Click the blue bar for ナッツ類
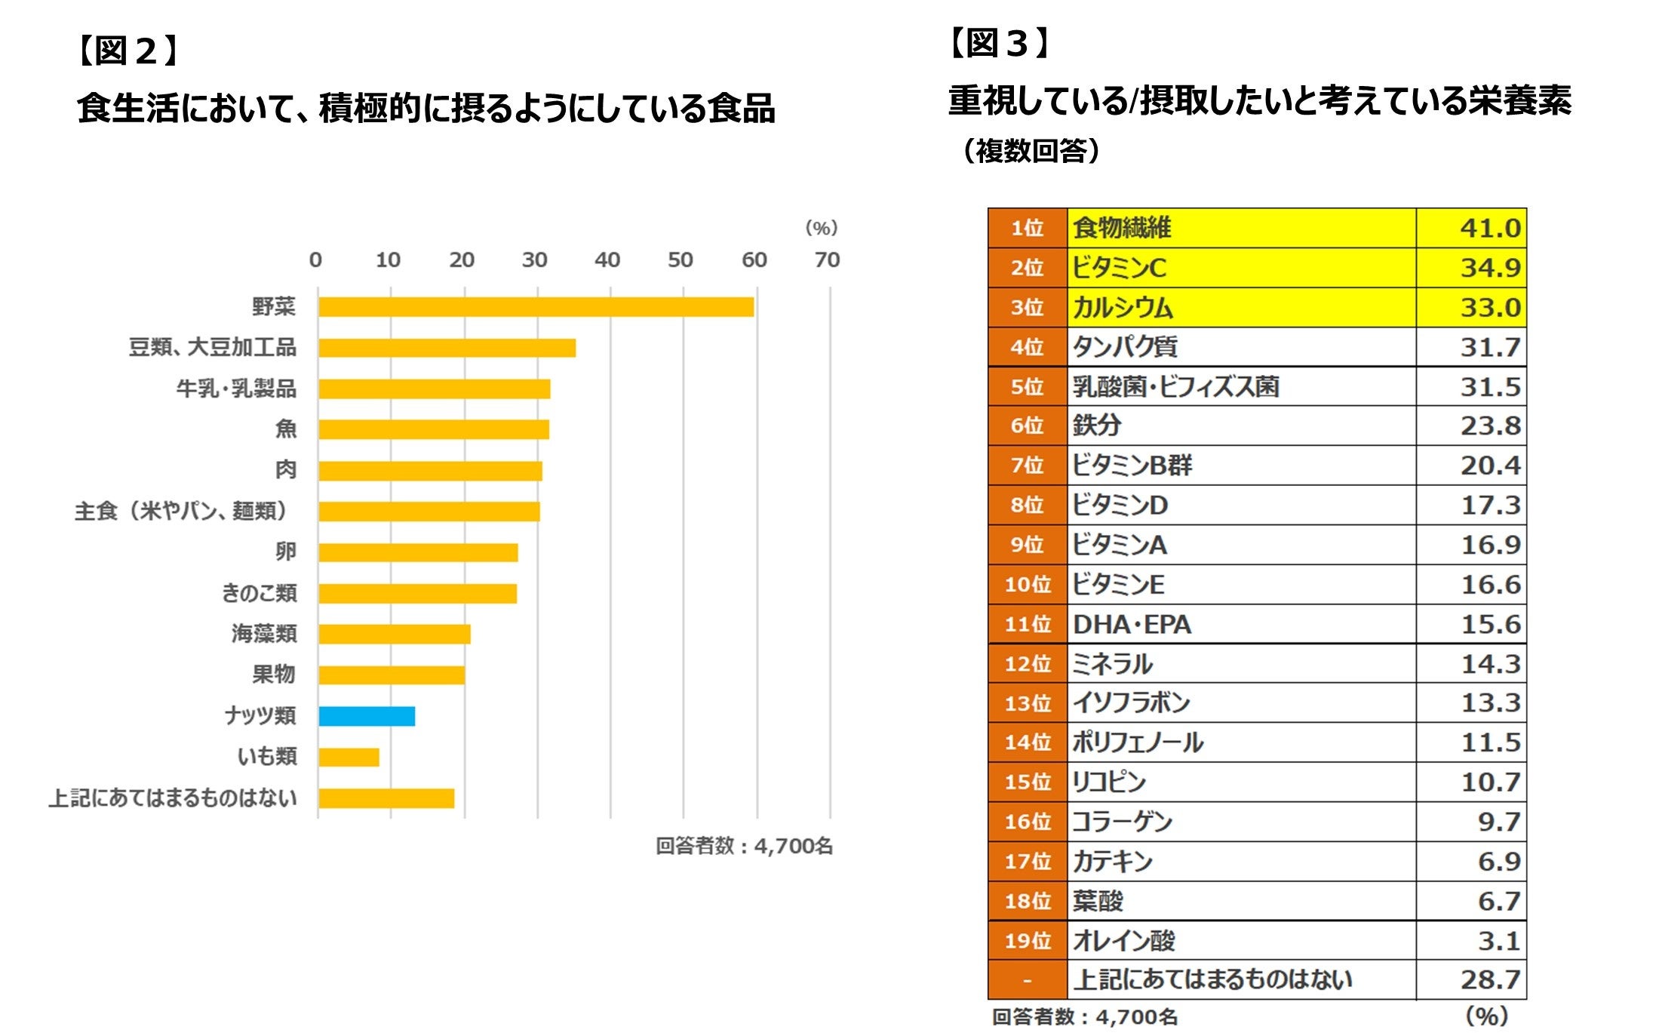367,716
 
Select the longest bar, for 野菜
536,307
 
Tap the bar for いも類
349,757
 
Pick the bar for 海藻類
395,634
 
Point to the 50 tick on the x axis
680,260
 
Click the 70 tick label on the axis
827,260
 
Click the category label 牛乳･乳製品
236,389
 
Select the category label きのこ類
259,593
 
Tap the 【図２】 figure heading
127,51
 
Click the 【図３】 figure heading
999,43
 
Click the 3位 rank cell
1027,308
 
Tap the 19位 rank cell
1027,941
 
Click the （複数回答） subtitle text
1031,151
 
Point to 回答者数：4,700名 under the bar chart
744,846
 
